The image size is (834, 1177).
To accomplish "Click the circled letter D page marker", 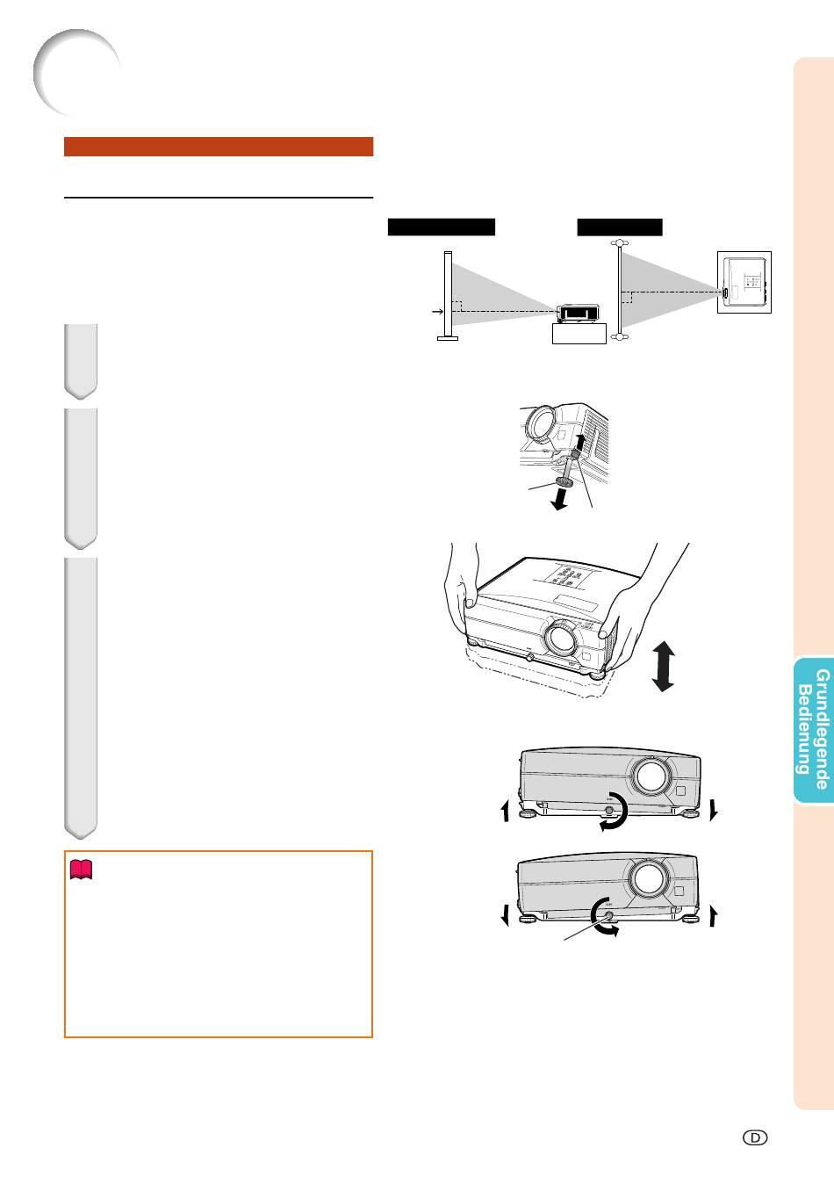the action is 756,1137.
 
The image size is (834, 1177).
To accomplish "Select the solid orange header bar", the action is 219,146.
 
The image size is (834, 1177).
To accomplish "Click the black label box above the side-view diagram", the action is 442,227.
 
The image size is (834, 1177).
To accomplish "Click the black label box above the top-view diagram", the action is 620,227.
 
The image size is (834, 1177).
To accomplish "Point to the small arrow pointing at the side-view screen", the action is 433,311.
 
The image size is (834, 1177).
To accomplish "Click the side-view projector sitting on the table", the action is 577,314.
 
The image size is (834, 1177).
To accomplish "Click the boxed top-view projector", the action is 744,282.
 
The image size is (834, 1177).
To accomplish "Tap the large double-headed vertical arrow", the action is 664,666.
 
